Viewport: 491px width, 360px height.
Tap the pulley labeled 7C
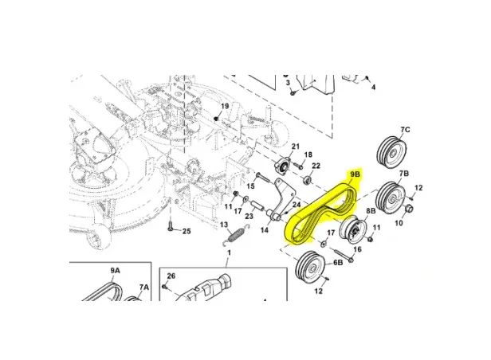click(391, 152)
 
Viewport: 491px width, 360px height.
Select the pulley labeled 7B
click(392, 198)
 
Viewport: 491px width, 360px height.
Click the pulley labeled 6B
click(311, 267)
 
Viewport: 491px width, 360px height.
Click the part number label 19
click(225, 106)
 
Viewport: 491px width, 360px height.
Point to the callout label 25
click(187, 231)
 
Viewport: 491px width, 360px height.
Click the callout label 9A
click(115, 270)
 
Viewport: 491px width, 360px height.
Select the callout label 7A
click(144, 287)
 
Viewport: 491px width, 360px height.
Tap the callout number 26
click(171, 276)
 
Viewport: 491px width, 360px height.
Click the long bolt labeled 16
click(344, 255)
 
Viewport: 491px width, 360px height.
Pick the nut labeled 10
click(408, 209)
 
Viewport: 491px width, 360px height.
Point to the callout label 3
click(288, 83)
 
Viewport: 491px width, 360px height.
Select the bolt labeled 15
click(264, 178)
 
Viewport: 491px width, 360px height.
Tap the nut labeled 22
click(308, 180)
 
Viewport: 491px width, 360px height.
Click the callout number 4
click(373, 88)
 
